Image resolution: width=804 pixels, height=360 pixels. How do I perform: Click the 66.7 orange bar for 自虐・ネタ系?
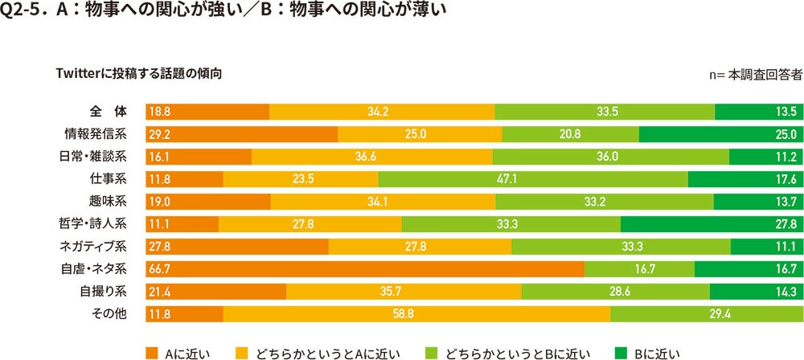click(364, 268)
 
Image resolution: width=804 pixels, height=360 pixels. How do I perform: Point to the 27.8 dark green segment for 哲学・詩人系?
click(712, 223)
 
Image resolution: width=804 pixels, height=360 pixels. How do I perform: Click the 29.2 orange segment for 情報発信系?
click(241, 133)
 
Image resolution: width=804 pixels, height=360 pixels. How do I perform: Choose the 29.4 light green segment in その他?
click(706, 313)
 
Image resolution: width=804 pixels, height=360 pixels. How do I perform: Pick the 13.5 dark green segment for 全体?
click(758, 111)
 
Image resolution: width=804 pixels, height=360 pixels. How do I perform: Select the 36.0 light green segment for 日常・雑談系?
click(610, 156)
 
